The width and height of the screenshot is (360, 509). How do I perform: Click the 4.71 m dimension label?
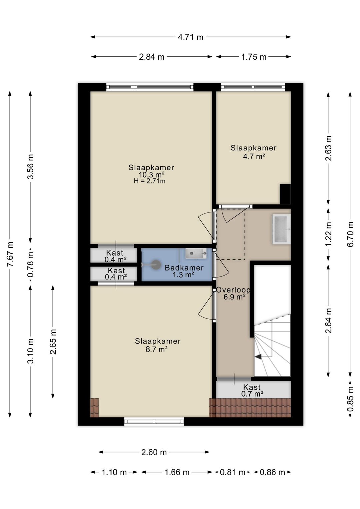(x=190, y=37)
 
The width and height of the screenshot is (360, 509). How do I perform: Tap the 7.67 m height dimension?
(x=10, y=254)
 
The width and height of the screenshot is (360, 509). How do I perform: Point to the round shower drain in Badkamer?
(x=156, y=265)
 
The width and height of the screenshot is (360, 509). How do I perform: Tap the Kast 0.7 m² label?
(x=252, y=391)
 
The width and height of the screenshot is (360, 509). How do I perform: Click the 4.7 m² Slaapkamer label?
(x=254, y=152)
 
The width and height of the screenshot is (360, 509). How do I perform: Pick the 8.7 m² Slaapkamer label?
(x=157, y=345)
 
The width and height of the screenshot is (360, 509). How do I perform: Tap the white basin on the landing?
(x=281, y=229)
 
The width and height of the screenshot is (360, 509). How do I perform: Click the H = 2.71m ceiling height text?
(x=150, y=181)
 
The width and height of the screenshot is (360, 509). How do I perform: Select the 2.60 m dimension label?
(x=154, y=452)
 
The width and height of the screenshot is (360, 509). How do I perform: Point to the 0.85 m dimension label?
(x=350, y=399)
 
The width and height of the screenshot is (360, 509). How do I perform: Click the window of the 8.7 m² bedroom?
(x=154, y=421)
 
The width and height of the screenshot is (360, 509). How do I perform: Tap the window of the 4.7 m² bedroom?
(x=253, y=87)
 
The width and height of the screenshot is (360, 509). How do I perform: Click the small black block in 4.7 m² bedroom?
(x=285, y=194)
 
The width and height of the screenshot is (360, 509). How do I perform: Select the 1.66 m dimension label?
(x=177, y=472)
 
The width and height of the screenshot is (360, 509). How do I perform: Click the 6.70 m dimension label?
(x=350, y=234)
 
